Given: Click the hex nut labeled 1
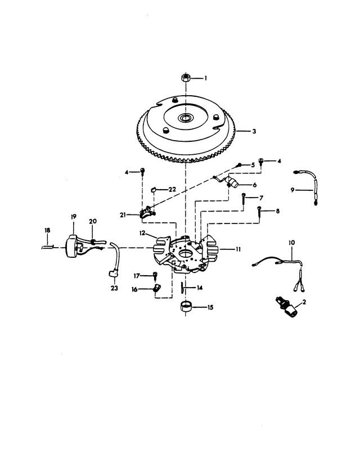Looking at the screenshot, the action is click(186, 78).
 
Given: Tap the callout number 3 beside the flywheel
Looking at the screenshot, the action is click(254, 131).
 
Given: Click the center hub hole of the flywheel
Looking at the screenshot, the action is click(186, 118).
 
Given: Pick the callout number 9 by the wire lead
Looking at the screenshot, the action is click(292, 190).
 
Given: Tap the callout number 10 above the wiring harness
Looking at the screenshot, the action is click(291, 243).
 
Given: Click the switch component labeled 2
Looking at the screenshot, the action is click(287, 307).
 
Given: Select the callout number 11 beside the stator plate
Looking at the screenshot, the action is click(238, 249).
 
